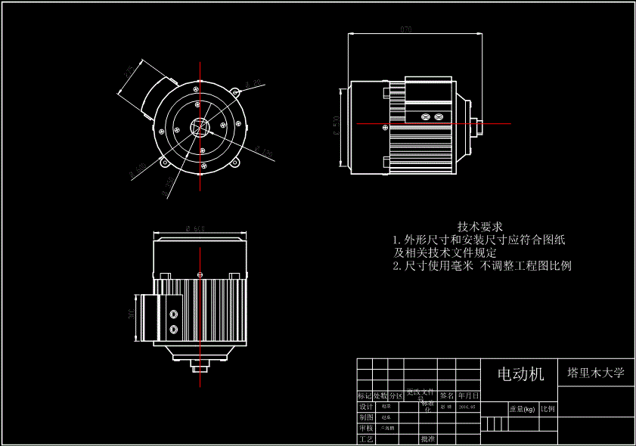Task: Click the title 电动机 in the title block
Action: click(x=520, y=374)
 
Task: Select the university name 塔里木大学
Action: click(x=596, y=373)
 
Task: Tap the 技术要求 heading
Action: click(x=480, y=226)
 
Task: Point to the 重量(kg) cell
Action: click(x=521, y=409)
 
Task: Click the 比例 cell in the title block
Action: click(x=548, y=409)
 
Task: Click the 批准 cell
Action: click(x=427, y=438)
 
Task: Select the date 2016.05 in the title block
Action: click(x=467, y=406)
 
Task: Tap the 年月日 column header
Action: click(x=468, y=395)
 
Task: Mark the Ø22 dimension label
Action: click(x=253, y=82)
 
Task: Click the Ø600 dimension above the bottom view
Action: click(x=195, y=228)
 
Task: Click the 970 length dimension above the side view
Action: click(x=406, y=29)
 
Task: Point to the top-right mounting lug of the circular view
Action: click(x=234, y=93)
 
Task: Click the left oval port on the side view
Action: click(x=424, y=116)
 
